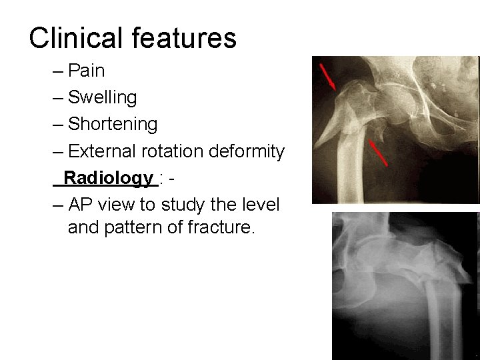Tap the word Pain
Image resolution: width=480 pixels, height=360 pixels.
pyautogui.click(x=87, y=71)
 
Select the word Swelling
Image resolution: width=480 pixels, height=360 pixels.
pyautogui.click(x=103, y=97)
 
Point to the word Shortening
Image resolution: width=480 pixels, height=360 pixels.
pyautogui.click(x=113, y=124)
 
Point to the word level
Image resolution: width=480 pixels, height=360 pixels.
pyautogui.click(x=263, y=204)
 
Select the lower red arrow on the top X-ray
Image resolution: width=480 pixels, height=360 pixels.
pyautogui.click(x=378, y=153)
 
